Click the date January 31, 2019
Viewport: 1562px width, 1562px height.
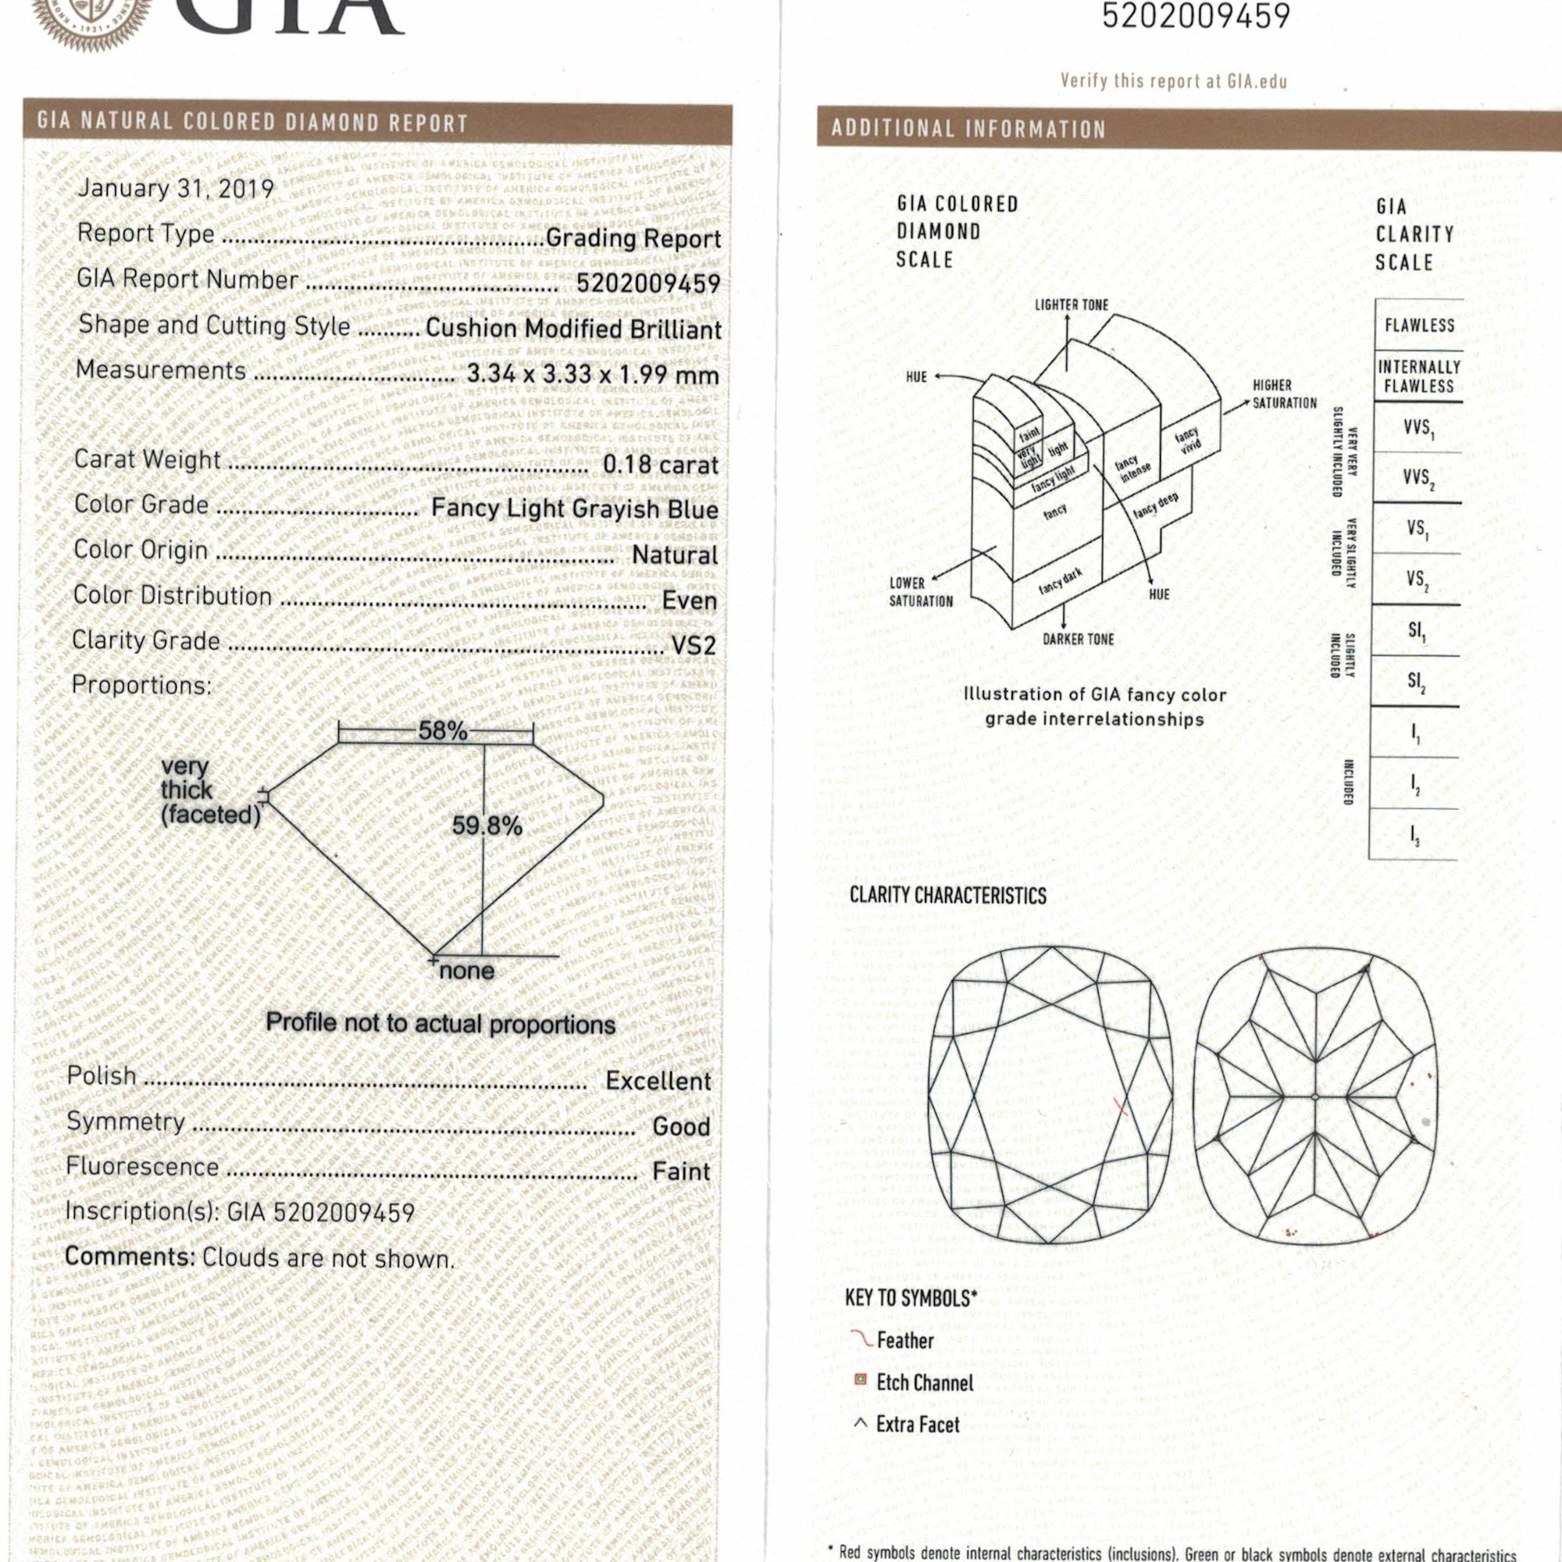pos(176,188)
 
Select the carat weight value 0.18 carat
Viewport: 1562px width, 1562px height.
pos(660,465)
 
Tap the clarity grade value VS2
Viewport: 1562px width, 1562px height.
pos(694,645)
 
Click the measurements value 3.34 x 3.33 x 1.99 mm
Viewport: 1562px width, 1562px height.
pos(593,374)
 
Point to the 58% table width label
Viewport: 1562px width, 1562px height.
pos(442,731)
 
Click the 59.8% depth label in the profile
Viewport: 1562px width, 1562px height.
pos(487,826)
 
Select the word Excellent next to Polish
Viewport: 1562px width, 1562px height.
pos(658,1081)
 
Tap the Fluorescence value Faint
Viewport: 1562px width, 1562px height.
pos(681,1171)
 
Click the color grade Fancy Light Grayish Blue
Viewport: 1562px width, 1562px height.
pos(574,509)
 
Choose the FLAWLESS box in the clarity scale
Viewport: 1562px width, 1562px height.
pos(1419,326)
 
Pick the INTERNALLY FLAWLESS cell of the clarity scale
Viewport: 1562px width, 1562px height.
pos(1419,376)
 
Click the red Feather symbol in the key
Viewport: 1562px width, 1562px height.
pos(863,1340)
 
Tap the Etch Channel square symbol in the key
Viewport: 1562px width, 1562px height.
pos(861,1380)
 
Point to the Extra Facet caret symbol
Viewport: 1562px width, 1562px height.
pos(861,1424)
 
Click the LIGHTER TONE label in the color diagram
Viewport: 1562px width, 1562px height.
pos(1072,305)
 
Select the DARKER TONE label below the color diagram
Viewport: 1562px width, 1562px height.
pos(1078,640)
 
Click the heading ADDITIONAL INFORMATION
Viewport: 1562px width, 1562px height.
pos(968,130)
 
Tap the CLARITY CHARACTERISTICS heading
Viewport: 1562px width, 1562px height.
pos(947,896)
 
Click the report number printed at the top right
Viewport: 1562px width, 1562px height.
pos(1196,16)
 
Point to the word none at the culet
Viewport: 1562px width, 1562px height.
pos(466,971)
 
